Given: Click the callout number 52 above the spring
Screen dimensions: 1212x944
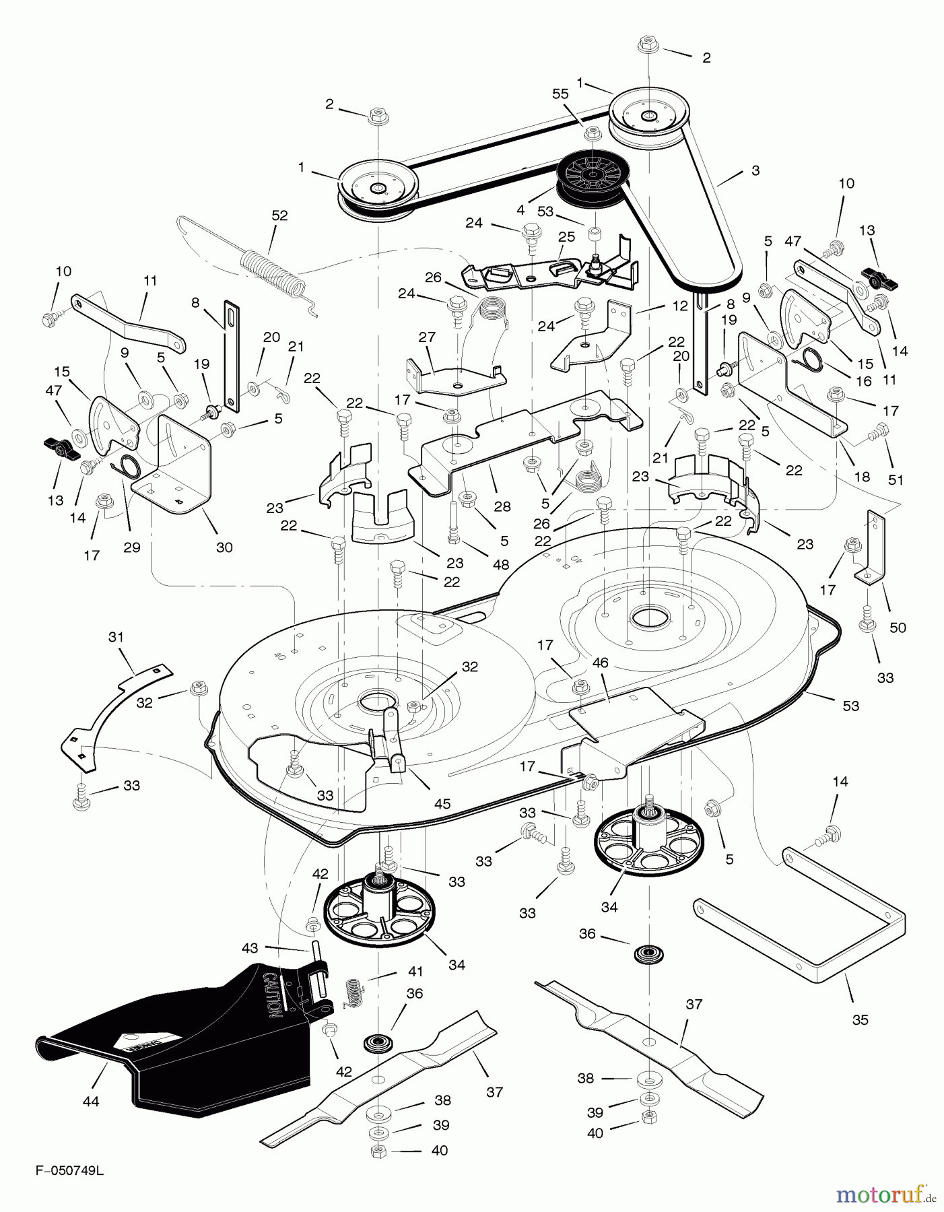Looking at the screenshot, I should click(x=279, y=215).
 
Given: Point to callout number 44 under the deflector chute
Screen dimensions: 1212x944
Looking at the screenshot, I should click(x=90, y=1102).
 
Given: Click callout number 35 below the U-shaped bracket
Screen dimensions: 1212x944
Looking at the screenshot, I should click(x=860, y=1019).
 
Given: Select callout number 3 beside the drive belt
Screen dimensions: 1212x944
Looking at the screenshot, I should click(x=755, y=170).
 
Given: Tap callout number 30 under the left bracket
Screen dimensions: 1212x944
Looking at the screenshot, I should click(x=224, y=547).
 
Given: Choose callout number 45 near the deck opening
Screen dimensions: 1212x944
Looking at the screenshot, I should click(x=442, y=803).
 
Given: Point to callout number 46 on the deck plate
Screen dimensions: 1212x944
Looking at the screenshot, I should click(x=600, y=663).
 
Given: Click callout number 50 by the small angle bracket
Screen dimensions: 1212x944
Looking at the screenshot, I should click(x=898, y=628).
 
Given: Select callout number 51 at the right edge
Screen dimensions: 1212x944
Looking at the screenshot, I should click(x=896, y=480).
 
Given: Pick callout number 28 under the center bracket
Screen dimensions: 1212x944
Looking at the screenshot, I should click(x=502, y=506).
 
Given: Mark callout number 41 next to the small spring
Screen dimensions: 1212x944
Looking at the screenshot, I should click(x=415, y=972).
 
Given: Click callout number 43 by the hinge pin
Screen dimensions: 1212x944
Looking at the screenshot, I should click(x=250, y=948).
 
